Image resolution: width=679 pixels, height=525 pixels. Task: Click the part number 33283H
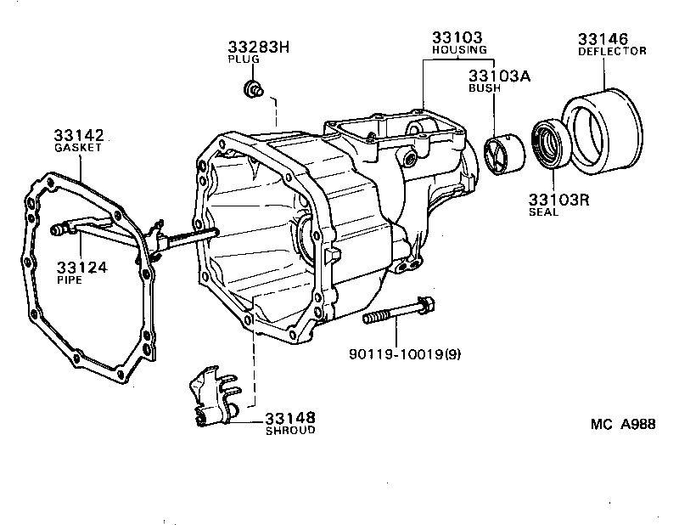click(258, 47)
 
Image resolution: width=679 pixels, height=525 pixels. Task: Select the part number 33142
click(78, 134)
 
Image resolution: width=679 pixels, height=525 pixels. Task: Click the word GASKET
click(78, 147)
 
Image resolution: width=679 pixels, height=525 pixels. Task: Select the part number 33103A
click(501, 75)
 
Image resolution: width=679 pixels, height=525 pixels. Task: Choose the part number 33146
click(603, 38)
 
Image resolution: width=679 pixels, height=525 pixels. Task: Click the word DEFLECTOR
click(612, 51)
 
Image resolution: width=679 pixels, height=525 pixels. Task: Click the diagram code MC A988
click(623, 425)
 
